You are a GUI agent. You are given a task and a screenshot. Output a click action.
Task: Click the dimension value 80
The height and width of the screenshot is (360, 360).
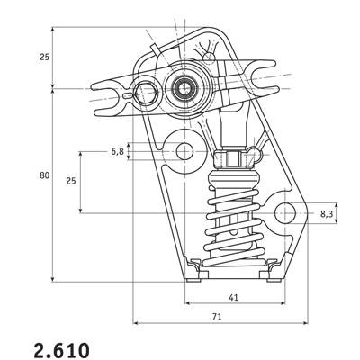coord(44,175)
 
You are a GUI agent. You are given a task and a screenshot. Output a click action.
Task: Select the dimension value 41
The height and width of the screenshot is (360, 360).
coord(233,297)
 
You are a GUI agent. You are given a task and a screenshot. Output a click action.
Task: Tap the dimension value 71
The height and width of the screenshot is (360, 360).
coord(217,317)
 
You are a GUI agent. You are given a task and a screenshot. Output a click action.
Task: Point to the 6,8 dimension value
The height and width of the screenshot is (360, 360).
coord(118,152)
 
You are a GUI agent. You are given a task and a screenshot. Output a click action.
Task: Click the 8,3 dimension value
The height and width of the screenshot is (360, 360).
coord(327,213)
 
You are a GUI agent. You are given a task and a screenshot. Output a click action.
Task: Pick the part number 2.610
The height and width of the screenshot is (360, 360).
coord(62,349)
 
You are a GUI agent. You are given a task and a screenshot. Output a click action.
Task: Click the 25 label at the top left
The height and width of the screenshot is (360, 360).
coord(44,57)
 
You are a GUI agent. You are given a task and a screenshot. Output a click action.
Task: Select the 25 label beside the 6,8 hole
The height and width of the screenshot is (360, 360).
coord(71,181)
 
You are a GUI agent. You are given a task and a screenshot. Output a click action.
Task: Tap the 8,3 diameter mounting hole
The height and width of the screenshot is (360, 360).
coord(285,213)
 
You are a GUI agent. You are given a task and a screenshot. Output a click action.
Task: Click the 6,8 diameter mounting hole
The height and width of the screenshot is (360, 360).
coord(184,151)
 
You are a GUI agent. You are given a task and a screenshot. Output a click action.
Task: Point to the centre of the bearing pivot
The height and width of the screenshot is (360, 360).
coord(184,89)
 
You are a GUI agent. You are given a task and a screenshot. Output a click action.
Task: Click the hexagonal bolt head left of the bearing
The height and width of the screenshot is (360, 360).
coord(146,92)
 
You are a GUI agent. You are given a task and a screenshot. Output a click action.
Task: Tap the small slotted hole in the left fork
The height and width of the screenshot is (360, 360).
coord(128,95)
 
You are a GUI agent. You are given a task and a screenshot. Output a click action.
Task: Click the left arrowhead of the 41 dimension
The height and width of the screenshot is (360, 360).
coord(187,303)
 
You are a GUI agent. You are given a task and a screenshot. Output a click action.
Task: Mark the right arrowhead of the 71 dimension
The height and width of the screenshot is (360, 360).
coord(305,323)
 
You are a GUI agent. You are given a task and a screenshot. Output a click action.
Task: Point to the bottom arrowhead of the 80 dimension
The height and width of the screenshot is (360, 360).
coord(53,279)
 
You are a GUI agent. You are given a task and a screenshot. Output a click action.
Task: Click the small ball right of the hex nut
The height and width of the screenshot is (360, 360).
coord(256,154)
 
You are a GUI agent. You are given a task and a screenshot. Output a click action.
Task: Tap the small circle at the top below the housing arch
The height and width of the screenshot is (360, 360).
coord(209,57)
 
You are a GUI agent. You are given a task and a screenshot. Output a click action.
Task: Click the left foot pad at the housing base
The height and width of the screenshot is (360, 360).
coord(193,281)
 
